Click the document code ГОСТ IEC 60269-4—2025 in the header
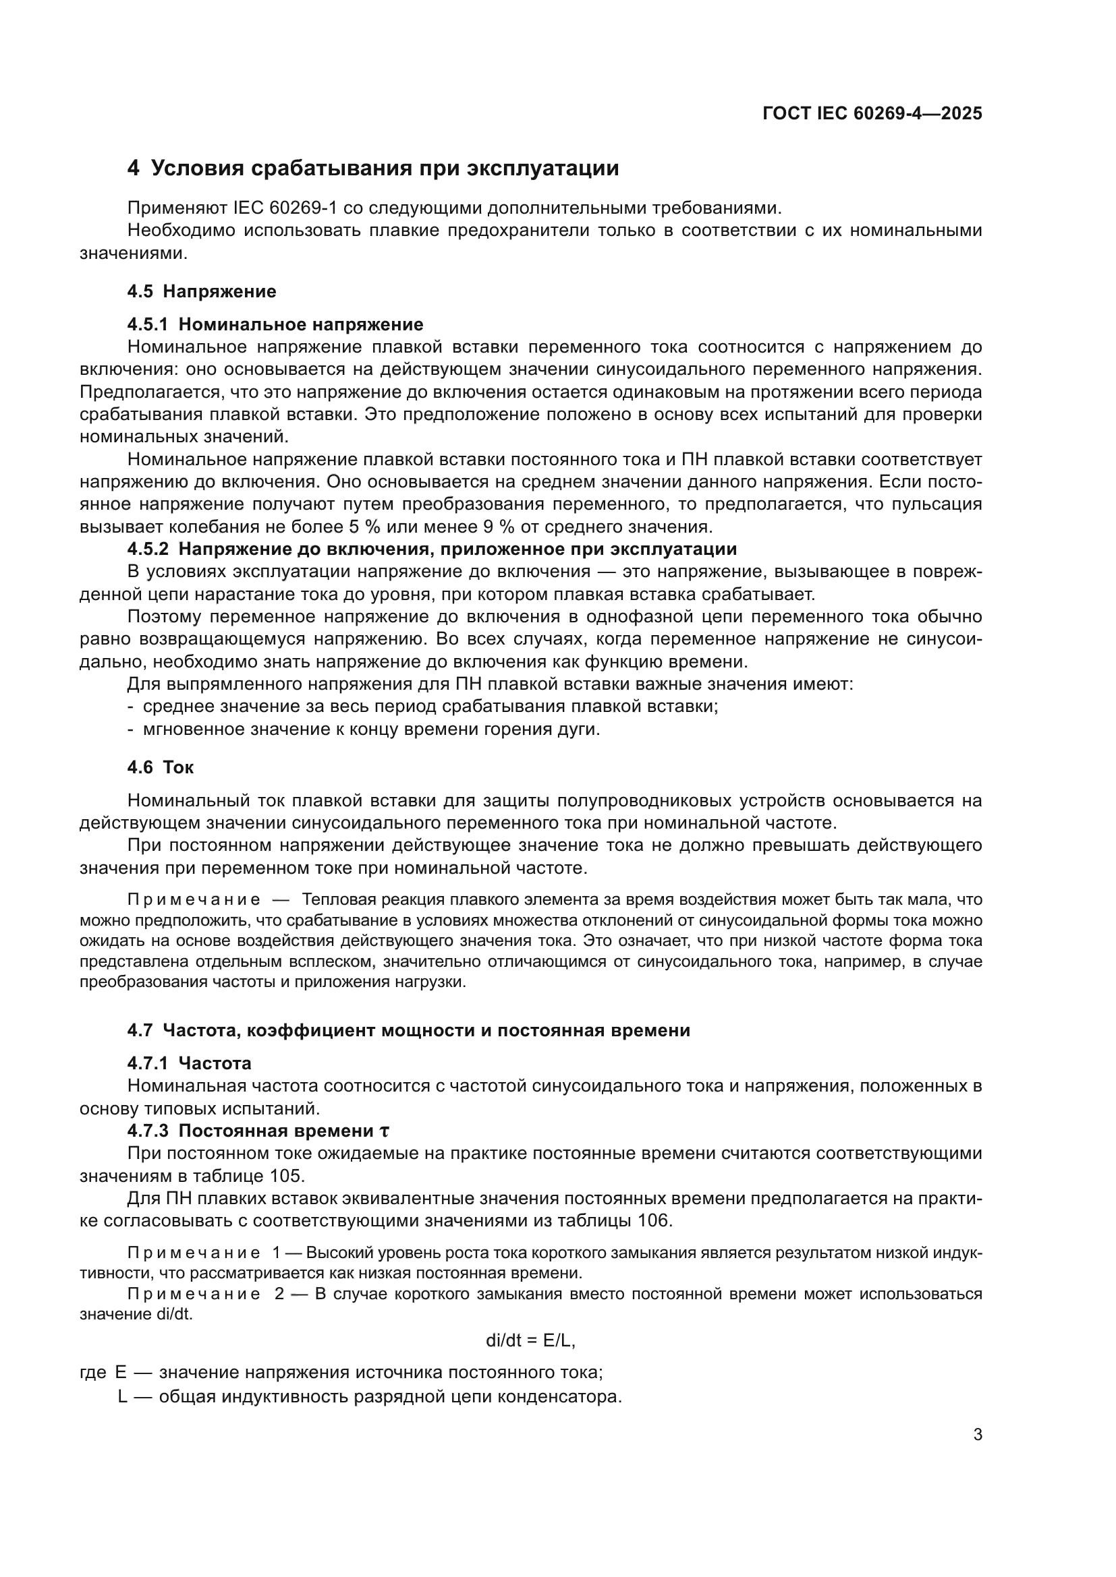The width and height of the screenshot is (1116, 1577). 872,113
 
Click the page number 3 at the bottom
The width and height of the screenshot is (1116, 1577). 977,1434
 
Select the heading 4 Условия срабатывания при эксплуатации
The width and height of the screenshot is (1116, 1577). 373,169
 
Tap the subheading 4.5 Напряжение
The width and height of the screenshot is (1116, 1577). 201,291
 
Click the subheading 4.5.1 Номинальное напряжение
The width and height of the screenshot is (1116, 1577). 275,324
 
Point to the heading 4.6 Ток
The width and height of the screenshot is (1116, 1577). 160,767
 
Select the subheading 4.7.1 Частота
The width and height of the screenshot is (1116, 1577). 189,1063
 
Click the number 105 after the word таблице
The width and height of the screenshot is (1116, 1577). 287,1176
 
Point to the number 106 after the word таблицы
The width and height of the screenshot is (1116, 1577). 652,1220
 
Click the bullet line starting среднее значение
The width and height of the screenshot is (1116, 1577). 430,706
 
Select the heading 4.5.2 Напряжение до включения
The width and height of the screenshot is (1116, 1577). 432,549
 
